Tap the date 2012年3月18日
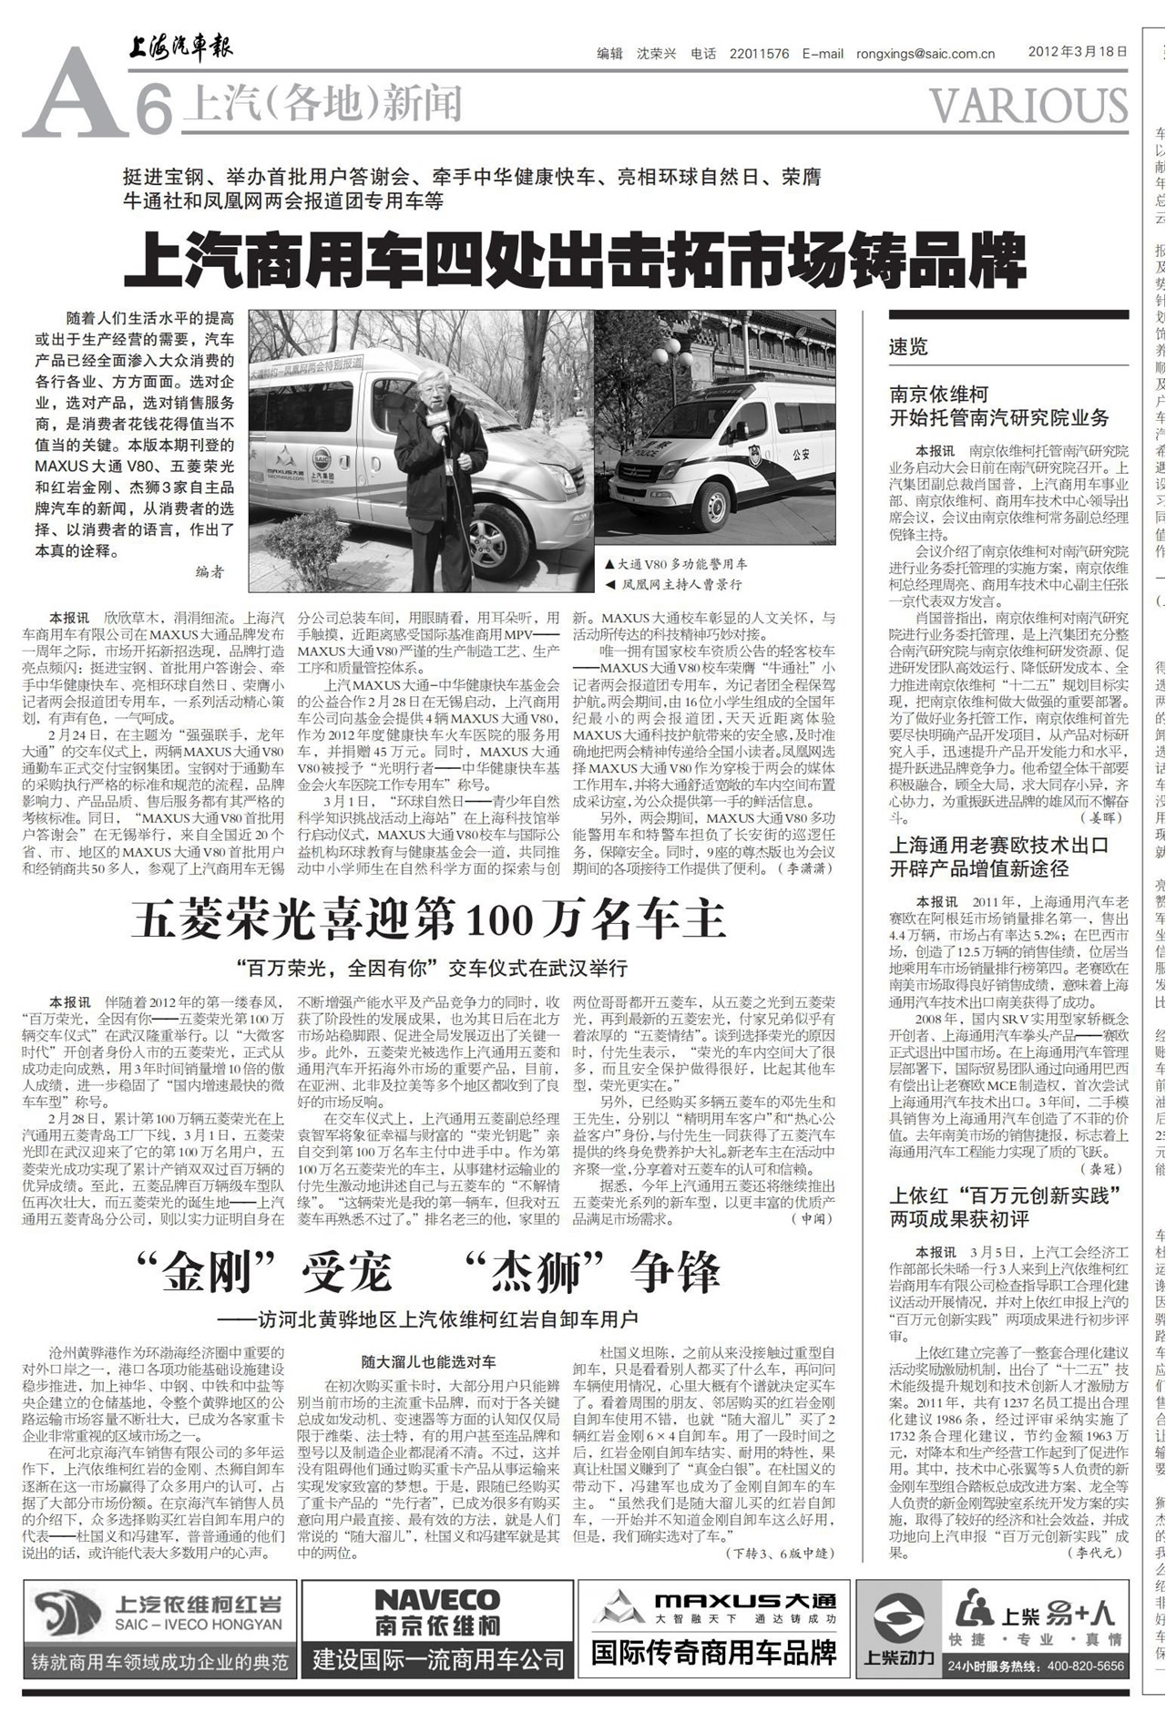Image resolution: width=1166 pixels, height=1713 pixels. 1078,52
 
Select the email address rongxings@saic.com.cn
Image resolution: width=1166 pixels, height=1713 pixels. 925,54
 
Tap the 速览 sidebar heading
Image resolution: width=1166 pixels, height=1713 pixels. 908,346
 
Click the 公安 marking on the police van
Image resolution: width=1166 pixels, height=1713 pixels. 802,452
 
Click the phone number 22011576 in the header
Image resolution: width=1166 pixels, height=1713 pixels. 759,54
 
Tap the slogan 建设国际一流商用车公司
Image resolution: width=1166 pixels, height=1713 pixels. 438,1659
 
